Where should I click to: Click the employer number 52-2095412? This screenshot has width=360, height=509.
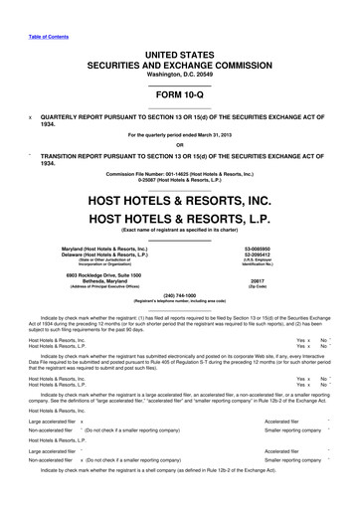point(283,254)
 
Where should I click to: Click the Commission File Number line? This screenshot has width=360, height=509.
point(180,173)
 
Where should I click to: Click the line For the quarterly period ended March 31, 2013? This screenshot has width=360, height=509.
point(180,132)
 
